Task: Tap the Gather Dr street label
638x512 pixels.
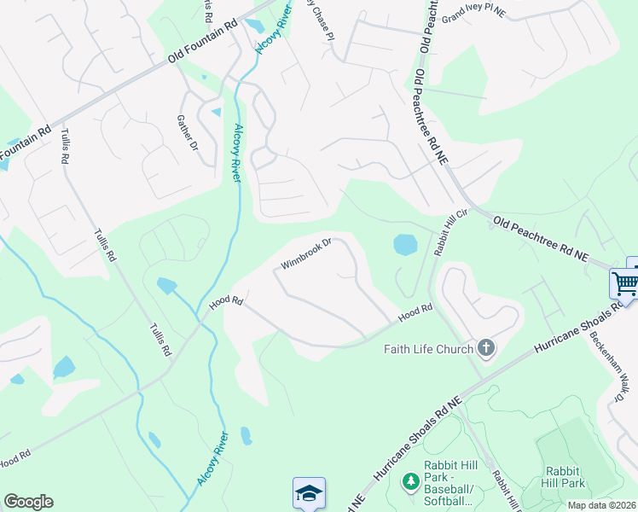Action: (x=188, y=134)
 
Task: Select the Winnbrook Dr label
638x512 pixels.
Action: (x=305, y=253)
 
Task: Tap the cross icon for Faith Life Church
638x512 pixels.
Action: (x=486, y=347)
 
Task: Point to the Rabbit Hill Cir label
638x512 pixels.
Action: (x=451, y=233)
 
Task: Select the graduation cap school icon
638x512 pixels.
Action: (x=309, y=493)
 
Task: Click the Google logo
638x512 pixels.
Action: (x=28, y=502)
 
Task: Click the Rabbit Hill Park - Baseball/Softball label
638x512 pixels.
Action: (x=451, y=483)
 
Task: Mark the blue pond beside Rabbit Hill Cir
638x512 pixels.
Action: (x=404, y=245)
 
